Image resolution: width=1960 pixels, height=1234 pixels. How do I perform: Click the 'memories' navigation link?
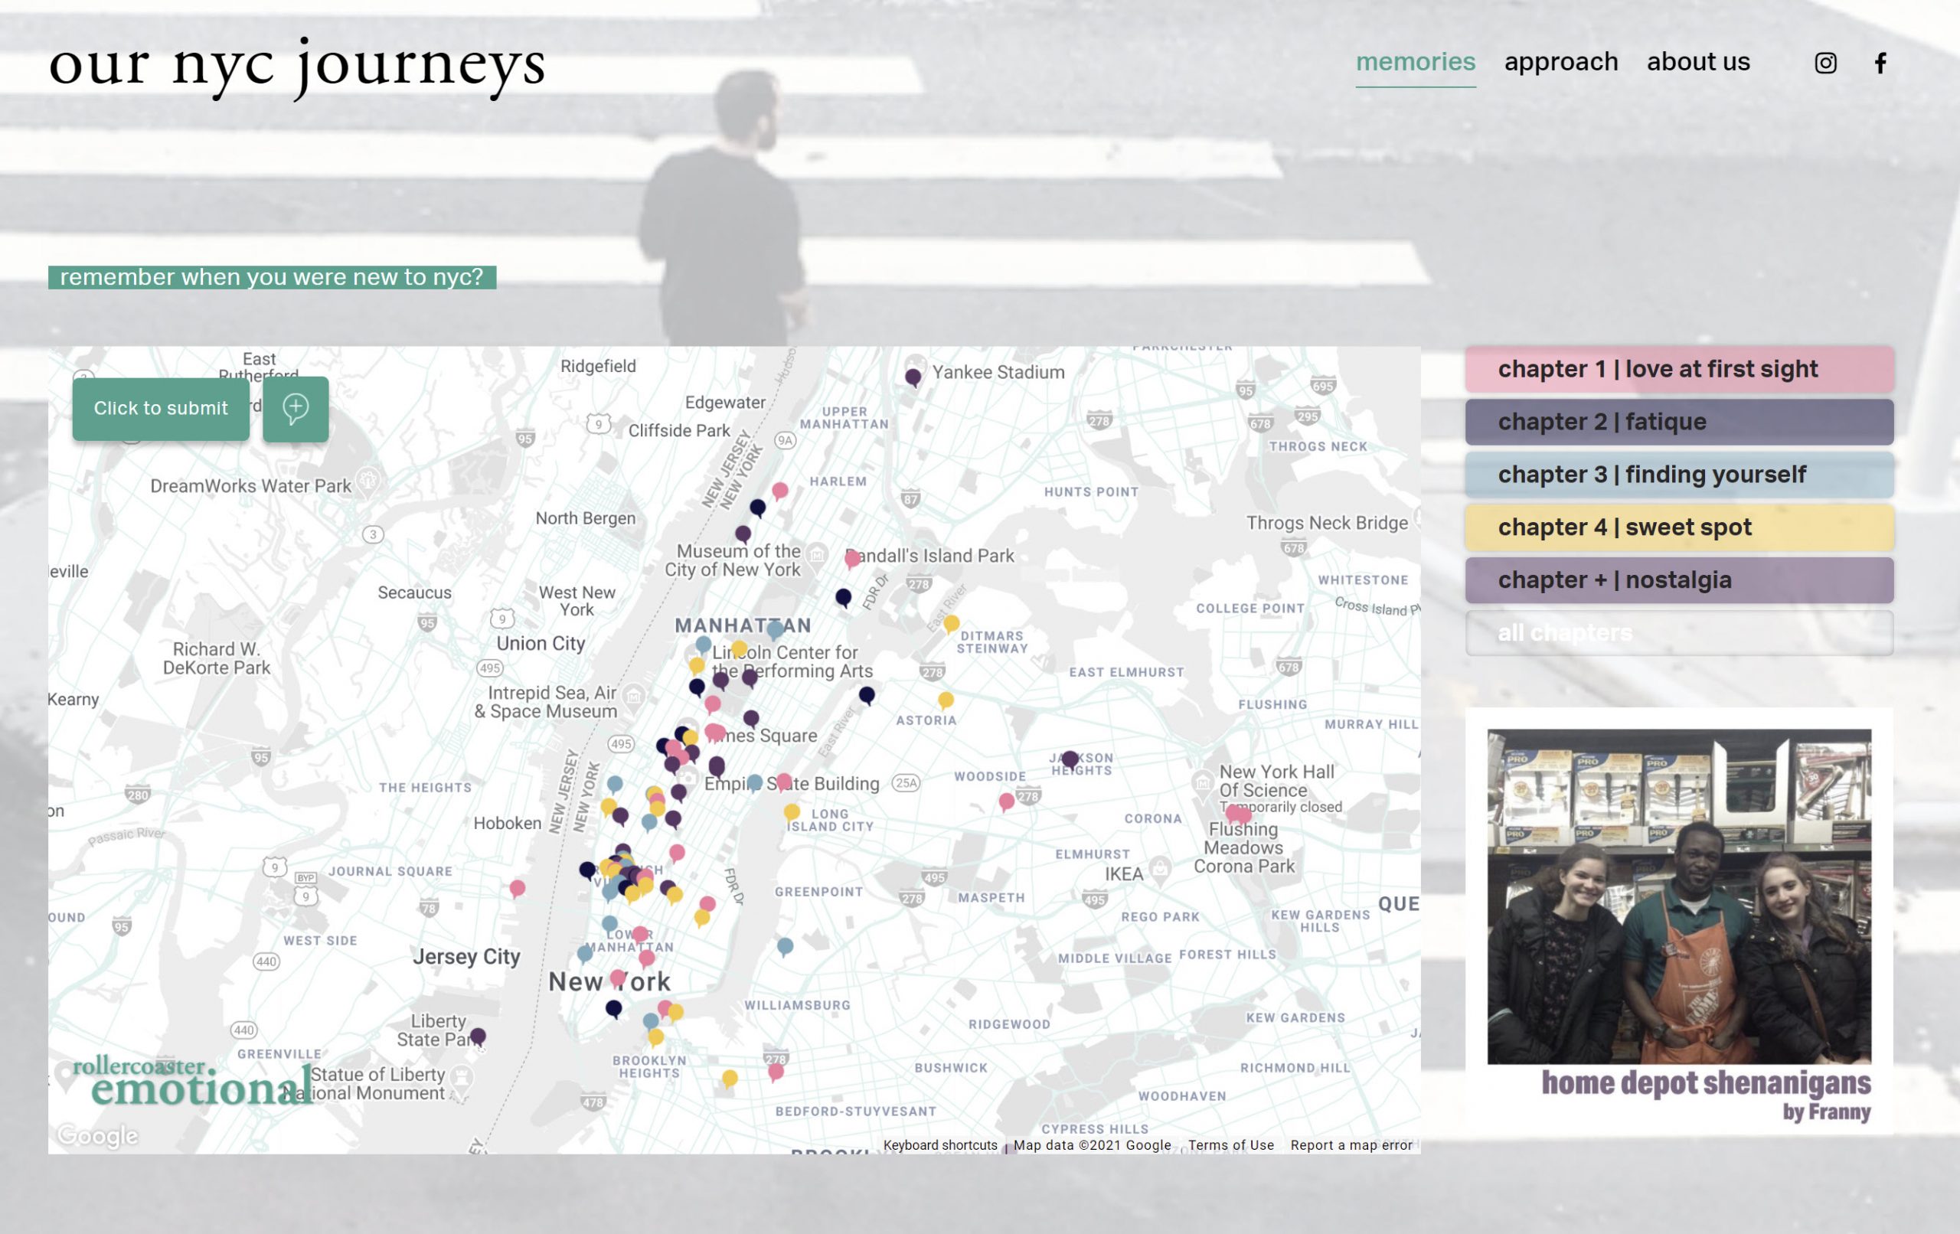coord(1415,62)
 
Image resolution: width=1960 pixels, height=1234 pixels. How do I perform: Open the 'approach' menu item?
coord(1560,62)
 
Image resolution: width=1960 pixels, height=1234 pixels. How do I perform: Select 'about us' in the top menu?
coord(1698,62)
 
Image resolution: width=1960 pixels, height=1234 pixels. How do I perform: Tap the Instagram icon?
coord(1825,63)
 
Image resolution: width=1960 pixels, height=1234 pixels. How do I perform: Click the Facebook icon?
coord(1880,63)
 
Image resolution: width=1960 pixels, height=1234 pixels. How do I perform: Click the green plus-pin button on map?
coord(296,409)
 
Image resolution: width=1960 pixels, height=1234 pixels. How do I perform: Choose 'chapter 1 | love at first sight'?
coord(1678,369)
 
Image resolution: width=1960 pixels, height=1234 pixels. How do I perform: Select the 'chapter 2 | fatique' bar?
coord(1678,422)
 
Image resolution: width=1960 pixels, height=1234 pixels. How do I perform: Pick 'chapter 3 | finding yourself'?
coord(1678,475)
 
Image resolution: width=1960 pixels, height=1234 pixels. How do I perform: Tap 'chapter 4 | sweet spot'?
coord(1678,527)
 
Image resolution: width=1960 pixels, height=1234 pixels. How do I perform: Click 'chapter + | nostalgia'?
coord(1678,580)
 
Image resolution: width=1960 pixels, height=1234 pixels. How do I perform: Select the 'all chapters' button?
coord(1678,632)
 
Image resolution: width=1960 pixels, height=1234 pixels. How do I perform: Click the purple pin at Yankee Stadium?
coord(913,377)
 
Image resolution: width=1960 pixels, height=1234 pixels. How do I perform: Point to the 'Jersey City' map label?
coord(465,956)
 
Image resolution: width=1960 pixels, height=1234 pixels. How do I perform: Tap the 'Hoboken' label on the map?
coord(507,823)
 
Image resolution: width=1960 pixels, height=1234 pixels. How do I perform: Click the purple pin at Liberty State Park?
coord(478,1036)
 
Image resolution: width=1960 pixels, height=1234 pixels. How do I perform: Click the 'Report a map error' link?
coord(1351,1144)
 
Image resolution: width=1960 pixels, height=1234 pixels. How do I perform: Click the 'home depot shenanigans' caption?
coord(1705,1083)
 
